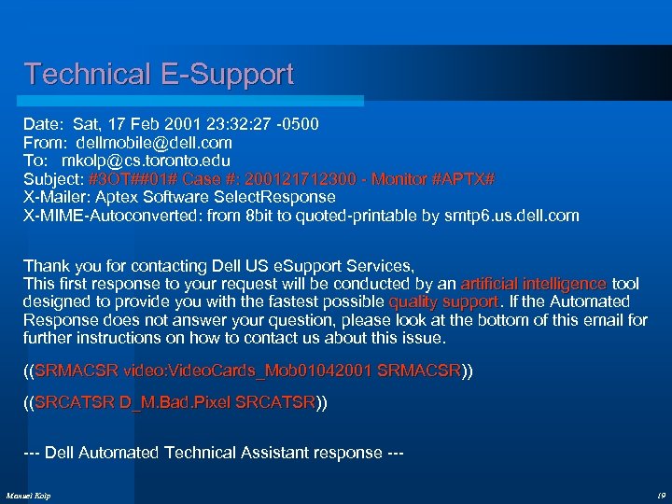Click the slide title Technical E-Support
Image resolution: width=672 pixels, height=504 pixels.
159,74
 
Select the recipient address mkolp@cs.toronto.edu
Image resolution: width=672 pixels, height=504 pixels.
154,161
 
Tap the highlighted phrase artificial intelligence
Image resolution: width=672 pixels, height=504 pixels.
533,284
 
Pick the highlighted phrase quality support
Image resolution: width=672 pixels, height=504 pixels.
443,301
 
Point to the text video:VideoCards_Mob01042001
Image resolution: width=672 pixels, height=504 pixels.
245,371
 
